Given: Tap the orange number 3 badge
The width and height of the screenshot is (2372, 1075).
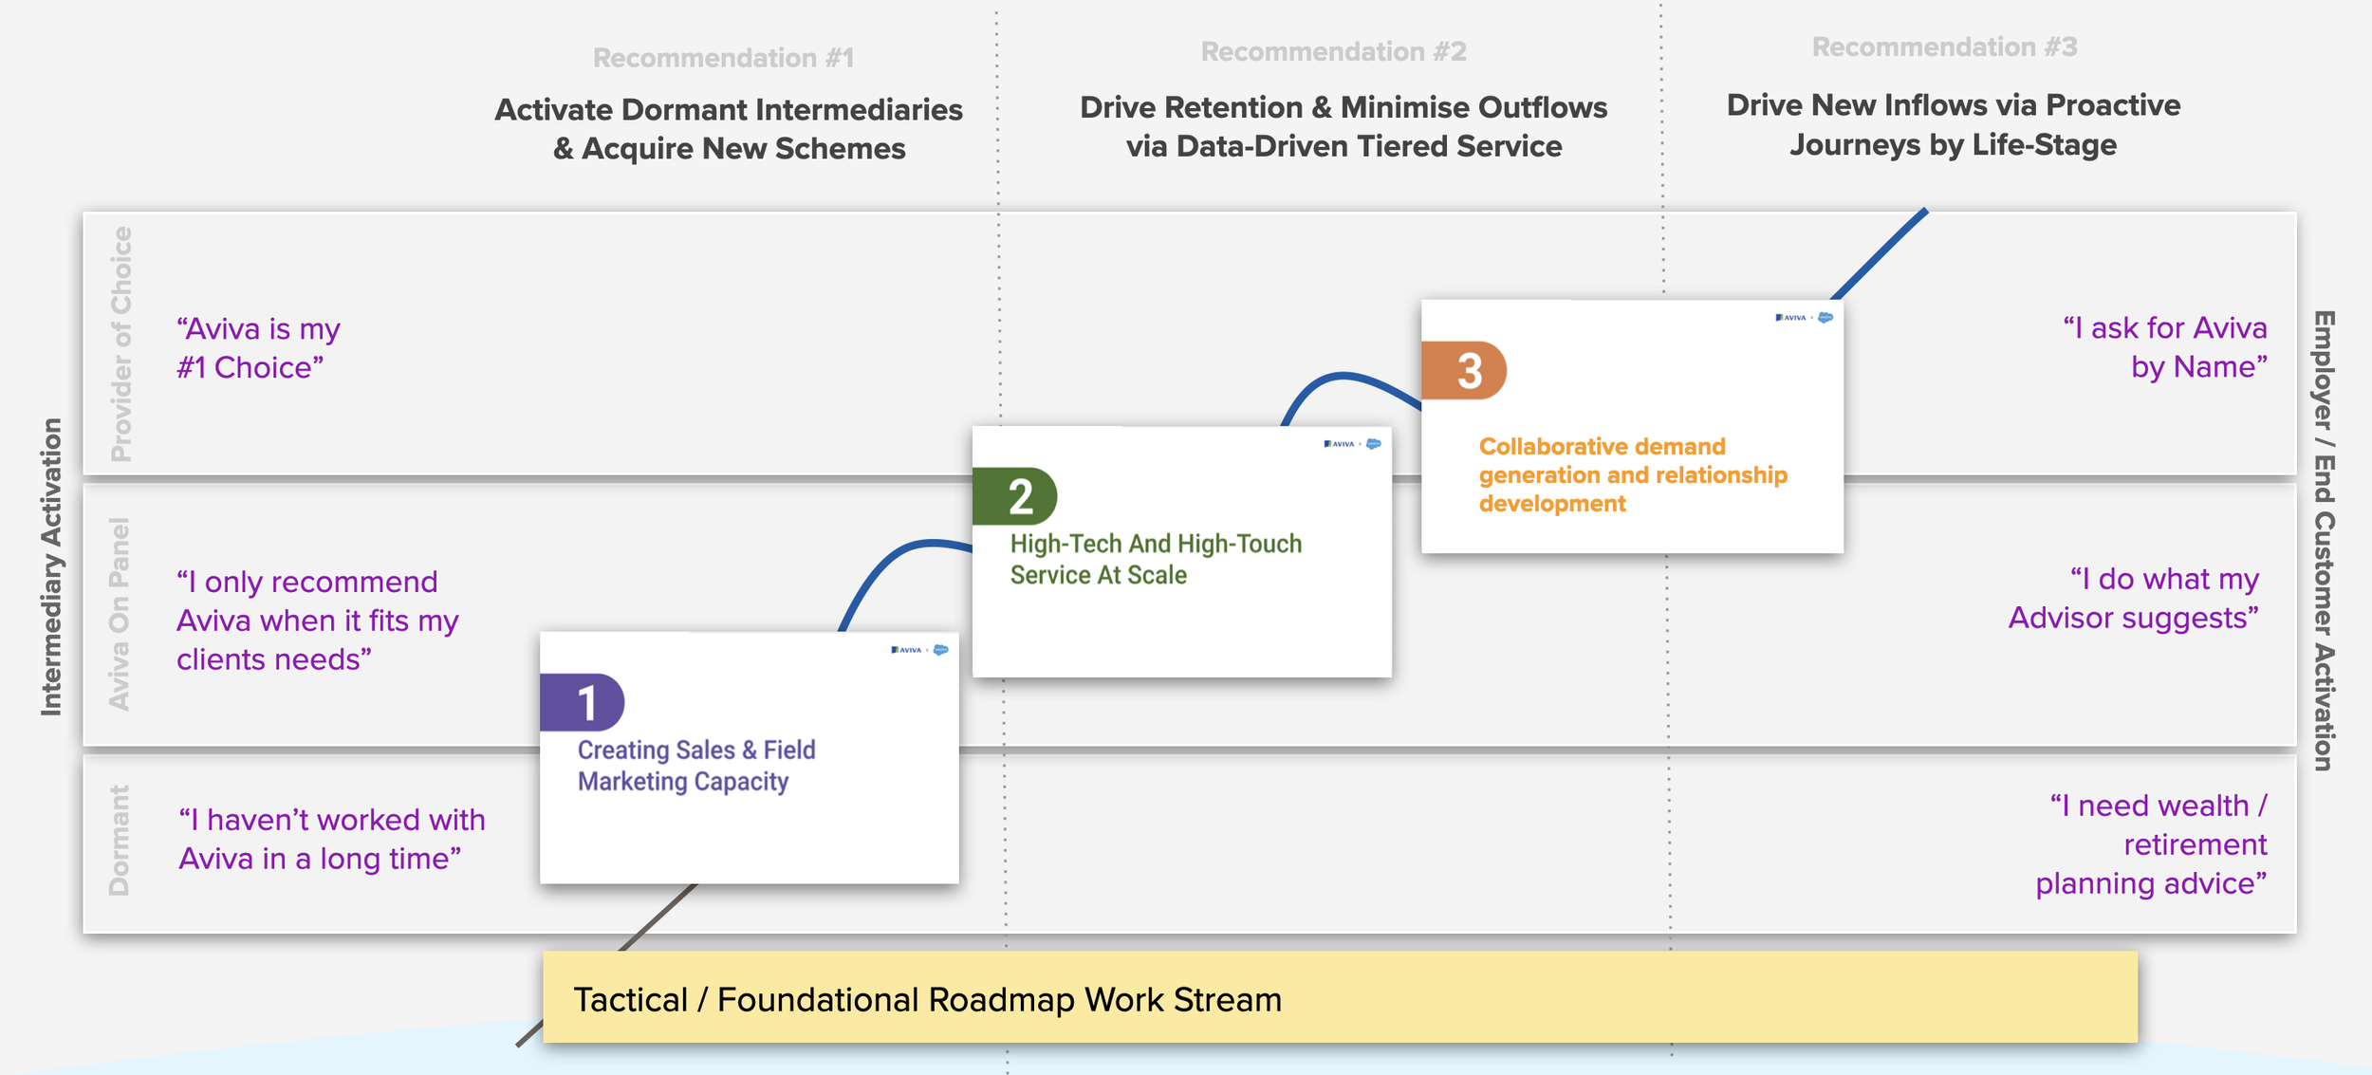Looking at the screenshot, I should click(1464, 370).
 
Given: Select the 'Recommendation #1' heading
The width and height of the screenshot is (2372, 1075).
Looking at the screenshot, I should click(723, 58).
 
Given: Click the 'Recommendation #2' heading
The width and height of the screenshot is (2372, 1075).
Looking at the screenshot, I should click(1333, 51).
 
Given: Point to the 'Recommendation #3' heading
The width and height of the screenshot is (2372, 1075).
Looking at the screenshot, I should click(1944, 46).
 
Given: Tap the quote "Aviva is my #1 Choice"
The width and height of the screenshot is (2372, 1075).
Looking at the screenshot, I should click(257, 347).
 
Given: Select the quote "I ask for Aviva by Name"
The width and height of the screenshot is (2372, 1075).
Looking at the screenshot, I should click(2164, 346).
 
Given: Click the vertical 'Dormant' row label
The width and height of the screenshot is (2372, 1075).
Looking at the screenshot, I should click(119, 840).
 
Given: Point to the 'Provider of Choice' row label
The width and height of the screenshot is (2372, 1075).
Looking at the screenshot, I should click(120, 343).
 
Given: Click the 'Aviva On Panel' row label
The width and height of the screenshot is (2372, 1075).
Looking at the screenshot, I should click(119, 613).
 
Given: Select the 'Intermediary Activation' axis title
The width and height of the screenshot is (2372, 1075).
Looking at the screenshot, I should click(51, 566).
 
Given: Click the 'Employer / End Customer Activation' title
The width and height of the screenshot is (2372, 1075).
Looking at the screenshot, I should click(2322, 540).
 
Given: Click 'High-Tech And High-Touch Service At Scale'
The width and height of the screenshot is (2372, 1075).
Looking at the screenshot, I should click(1155, 559).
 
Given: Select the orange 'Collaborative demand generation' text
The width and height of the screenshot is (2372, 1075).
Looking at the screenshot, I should click(1632, 474).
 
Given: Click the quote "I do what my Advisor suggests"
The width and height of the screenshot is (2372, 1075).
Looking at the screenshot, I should click(2133, 598).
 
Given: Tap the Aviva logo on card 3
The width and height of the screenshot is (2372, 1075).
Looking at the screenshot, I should click(1790, 318).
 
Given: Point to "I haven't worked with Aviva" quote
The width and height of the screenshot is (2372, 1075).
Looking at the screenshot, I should click(331, 839).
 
